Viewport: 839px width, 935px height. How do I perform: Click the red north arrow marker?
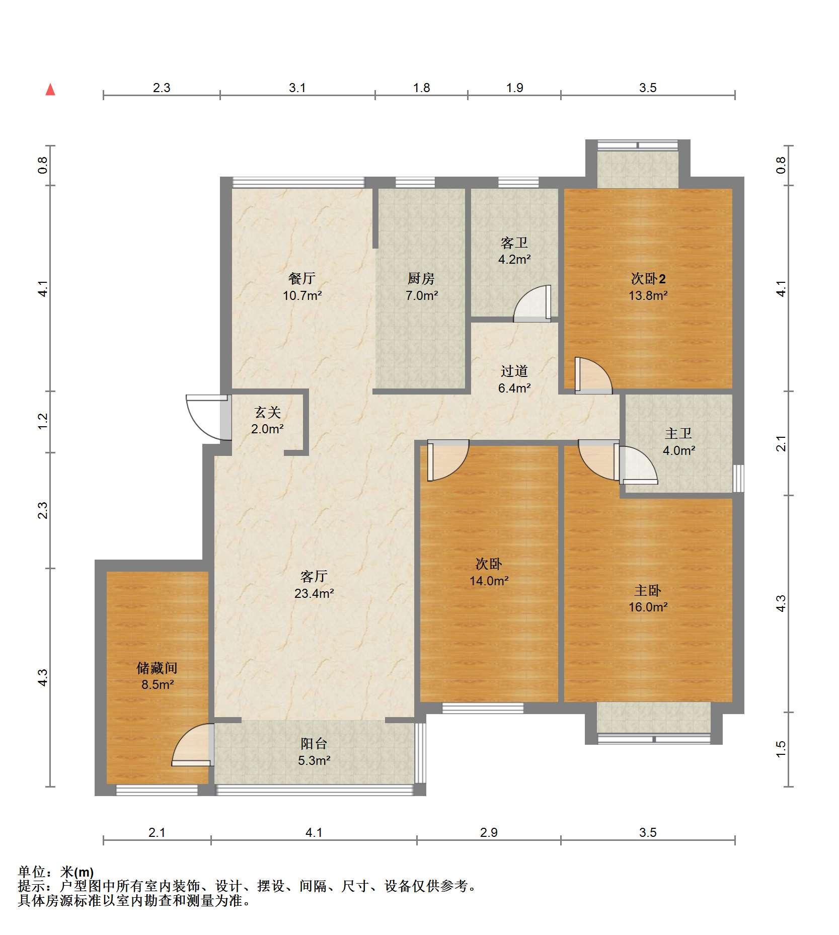50,90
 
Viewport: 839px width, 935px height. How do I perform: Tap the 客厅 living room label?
314,576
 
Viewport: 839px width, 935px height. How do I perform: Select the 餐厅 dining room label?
302,278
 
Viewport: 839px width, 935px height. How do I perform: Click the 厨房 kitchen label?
421,278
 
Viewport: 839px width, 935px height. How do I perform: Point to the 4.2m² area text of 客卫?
514,260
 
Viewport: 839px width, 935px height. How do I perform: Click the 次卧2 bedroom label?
648,278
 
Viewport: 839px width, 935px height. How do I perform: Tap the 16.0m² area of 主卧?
648,607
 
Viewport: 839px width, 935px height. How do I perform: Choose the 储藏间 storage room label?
157,668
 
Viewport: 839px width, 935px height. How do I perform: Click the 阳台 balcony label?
314,743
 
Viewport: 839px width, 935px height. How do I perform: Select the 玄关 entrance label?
267,413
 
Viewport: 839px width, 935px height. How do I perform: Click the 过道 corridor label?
514,371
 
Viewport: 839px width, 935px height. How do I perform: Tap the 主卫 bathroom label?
678,433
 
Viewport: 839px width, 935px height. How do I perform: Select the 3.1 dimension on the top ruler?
297,88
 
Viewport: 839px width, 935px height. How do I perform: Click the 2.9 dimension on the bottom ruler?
489,832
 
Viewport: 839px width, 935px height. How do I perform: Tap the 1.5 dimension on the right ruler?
781,749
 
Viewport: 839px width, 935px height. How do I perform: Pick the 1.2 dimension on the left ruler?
43,421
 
